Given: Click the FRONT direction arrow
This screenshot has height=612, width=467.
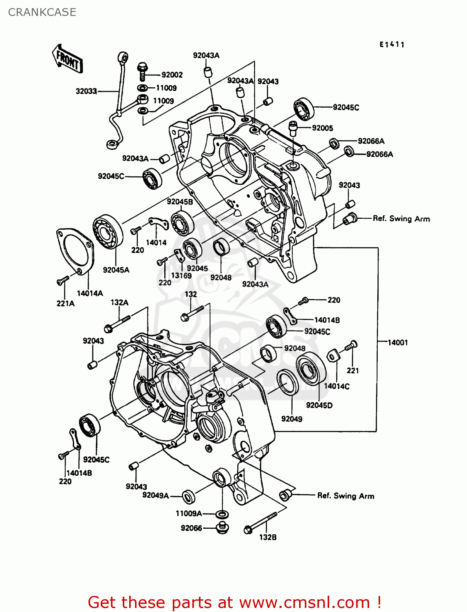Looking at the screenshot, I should point(67,59).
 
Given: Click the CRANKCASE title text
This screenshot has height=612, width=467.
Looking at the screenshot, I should point(42,12).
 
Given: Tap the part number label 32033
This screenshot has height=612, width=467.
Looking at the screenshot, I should point(86,91).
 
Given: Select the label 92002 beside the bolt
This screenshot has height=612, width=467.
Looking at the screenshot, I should point(172,75).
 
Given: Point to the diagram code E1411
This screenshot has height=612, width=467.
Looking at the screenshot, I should point(392,45).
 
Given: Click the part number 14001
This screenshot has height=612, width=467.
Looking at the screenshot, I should point(397,343).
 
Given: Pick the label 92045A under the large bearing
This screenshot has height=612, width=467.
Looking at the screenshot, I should point(116,270).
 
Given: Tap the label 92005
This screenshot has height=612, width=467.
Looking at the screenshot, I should point(322,128).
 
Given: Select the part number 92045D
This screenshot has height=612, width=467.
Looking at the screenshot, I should point(319,405).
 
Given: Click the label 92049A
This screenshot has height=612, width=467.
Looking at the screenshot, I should point(155,495).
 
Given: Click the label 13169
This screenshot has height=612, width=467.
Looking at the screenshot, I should point(181,276).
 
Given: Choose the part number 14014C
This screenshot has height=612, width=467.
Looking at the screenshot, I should point(337,386).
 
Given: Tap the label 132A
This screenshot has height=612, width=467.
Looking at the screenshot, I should point(119,303).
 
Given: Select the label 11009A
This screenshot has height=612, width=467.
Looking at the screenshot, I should point(188,513).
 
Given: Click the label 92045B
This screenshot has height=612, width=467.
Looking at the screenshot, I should point(179,202).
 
